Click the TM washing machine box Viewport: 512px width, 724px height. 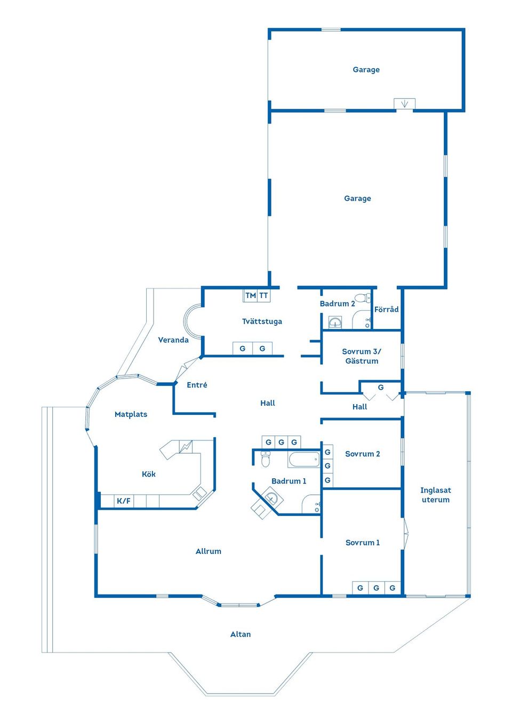tap(250, 295)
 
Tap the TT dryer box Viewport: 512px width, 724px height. tap(264, 295)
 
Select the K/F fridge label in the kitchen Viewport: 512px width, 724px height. tap(124, 501)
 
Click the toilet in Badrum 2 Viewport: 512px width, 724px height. tap(363, 297)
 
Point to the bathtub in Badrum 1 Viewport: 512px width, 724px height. tap(304, 459)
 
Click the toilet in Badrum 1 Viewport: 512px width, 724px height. tap(266, 459)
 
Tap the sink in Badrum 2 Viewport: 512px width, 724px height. tap(335, 322)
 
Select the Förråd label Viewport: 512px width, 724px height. tap(386, 309)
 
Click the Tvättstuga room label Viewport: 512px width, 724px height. tap(262, 321)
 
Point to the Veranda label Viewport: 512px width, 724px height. tap(173, 340)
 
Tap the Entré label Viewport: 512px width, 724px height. tap(197, 384)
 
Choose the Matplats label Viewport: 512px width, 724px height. tap(131, 414)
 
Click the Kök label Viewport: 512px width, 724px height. tap(149, 474)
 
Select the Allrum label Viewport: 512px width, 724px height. tap(209, 551)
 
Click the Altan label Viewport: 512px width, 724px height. tap(241, 634)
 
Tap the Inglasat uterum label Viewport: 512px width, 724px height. tap(436, 495)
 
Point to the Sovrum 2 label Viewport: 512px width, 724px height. tap(363, 454)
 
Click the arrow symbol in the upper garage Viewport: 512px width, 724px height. tap(404, 104)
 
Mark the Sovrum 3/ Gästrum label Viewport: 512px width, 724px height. tap(362, 356)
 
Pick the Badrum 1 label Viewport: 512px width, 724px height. tap(289, 481)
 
